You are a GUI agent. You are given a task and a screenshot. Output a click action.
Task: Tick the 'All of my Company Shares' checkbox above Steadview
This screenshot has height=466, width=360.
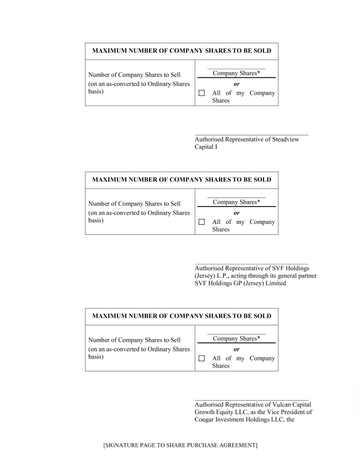coord(202,93)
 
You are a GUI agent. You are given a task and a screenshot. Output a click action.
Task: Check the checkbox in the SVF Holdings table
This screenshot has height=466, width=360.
coord(202,222)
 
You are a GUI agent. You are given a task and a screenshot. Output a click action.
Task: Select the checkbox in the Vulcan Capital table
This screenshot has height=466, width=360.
coord(202,359)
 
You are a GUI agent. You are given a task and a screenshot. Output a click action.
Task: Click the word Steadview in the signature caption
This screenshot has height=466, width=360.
coord(285,139)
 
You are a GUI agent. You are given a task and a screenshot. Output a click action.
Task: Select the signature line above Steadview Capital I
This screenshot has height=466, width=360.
coord(251,135)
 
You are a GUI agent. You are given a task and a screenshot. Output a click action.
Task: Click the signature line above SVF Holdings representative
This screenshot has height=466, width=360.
coord(251,264)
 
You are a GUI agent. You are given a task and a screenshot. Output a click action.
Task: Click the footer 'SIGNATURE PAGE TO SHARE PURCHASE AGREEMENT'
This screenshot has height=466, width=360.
coord(180,445)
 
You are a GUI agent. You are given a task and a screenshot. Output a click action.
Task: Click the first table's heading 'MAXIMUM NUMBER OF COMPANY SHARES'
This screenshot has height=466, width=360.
coord(182,51)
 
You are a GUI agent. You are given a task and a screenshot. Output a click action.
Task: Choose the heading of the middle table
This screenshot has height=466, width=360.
coord(182,180)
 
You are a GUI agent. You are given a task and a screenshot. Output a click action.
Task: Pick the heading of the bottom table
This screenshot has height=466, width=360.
coord(182,316)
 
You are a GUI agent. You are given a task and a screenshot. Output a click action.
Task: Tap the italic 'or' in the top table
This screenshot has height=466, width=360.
coord(237,84)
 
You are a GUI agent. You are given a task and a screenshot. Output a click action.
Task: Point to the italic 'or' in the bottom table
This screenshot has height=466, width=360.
coord(237,349)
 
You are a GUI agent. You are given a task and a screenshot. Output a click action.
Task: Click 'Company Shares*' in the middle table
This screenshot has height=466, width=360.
coord(236,202)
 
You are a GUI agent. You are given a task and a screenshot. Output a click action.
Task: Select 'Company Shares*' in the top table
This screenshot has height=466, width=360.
coord(236,73)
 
